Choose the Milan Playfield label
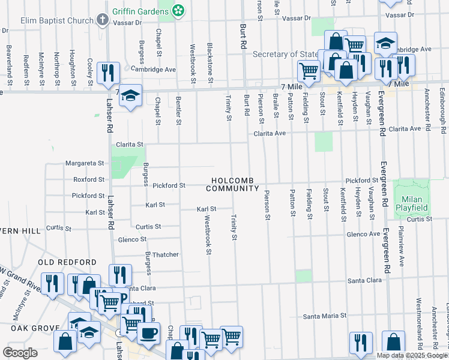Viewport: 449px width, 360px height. pos(411,203)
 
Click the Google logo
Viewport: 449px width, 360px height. pos(20,352)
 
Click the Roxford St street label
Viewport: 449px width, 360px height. pos(88,179)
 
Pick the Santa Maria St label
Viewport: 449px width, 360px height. pos(325,316)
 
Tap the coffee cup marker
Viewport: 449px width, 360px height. pos(148,332)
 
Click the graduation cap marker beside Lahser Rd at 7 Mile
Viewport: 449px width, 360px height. pos(129,95)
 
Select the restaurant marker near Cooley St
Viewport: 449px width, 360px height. pos(108,72)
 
